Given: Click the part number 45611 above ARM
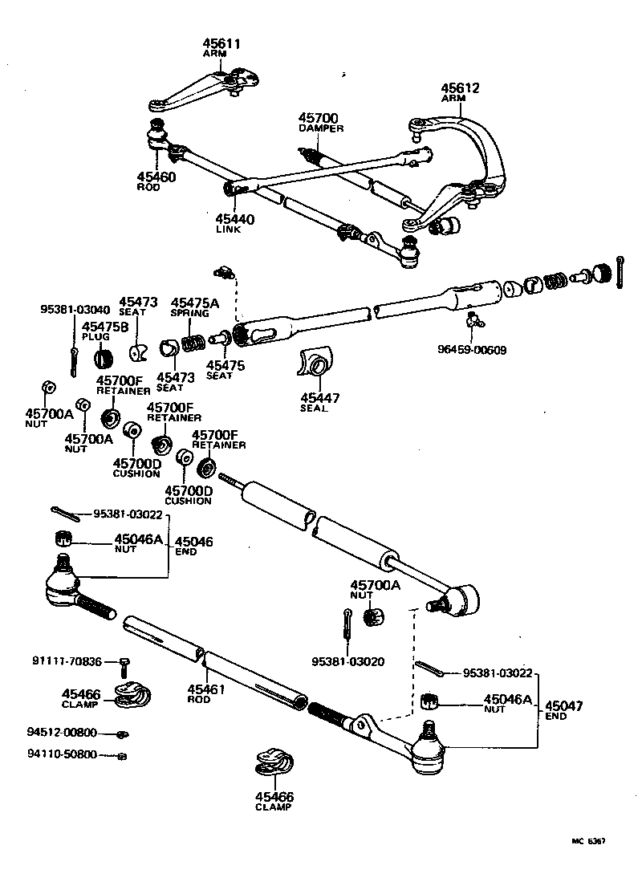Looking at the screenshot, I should point(223,43).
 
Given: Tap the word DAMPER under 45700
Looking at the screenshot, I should point(321,128).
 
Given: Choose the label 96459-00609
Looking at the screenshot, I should point(473,350).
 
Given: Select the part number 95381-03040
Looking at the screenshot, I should point(75,310).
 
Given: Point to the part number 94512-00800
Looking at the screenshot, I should point(62,732).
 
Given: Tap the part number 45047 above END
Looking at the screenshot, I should point(563,705).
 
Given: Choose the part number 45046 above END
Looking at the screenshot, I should point(193,542).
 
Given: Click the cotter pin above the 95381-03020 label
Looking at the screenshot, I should point(346,621).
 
